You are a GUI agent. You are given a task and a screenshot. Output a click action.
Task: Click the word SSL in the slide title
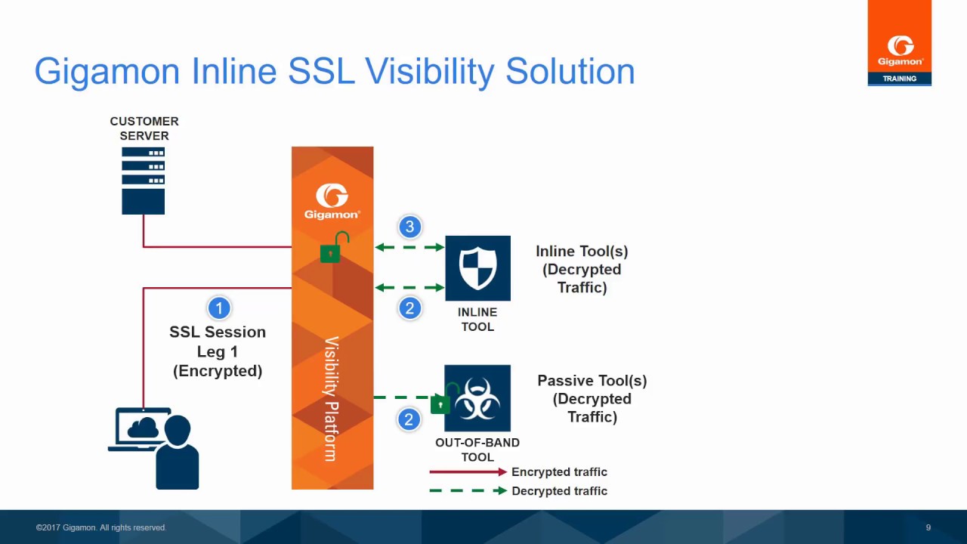pyautogui.click(x=322, y=71)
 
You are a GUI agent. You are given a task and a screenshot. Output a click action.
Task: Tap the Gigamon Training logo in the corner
pyautogui.click(x=899, y=43)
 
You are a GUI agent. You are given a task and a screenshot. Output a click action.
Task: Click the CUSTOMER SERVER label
pyautogui.click(x=144, y=128)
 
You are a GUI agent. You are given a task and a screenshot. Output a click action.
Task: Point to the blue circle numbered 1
pyautogui.click(x=218, y=308)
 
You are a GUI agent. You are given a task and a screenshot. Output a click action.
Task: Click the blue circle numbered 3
pyautogui.click(x=410, y=227)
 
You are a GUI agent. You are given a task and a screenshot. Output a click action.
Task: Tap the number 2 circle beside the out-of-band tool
pyautogui.click(x=409, y=419)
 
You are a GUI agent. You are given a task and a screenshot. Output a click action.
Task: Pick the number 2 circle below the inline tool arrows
pyautogui.click(x=410, y=308)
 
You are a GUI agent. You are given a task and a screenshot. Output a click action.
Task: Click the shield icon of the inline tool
pyautogui.click(x=477, y=268)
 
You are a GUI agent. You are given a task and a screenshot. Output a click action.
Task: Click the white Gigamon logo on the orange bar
pyautogui.click(x=332, y=200)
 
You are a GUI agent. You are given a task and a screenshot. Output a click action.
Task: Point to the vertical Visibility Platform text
pyautogui.click(x=331, y=398)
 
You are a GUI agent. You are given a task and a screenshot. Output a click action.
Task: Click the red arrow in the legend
pyautogui.click(x=468, y=471)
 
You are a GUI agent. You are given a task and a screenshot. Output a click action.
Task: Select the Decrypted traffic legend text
pyautogui.click(x=559, y=491)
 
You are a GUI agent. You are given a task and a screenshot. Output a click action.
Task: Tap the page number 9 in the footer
pyautogui.click(x=928, y=527)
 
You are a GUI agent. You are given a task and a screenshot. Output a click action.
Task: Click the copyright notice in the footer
pyautogui.click(x=101, y=527)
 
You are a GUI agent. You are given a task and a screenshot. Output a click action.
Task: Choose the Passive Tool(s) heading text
pyautogui.click(x=592, y=381)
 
